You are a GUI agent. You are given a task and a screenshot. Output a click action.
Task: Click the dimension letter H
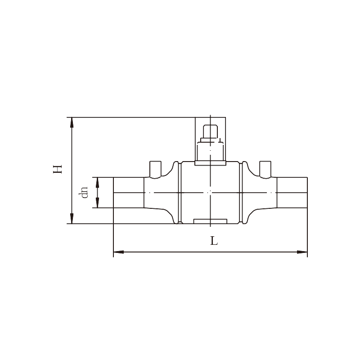click(x=58, y=169)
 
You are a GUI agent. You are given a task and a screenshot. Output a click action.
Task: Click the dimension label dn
click(x=83, y=193)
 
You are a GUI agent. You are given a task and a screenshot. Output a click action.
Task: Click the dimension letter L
click(x=214, y=241)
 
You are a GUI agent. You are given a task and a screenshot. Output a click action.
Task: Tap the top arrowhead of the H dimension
click(x=72, y=122)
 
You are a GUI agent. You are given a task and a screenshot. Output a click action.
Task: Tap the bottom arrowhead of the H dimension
click(x=72, y=219)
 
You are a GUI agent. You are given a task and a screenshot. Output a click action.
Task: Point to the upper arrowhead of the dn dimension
click(x=97, y=182)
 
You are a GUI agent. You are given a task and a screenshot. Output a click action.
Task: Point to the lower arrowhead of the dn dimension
click(x=97, y=203)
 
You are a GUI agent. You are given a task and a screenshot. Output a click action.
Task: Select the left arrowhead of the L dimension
click(x=118, y=252)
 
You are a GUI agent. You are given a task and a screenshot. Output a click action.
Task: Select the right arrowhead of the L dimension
click(x=302, y=252)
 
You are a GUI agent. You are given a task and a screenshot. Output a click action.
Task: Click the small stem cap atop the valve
click(x=210, y=131)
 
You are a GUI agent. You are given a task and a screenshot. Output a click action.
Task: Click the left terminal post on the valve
click(x=155, y=170)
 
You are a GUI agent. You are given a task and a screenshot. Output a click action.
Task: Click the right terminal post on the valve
click(x=265, y=170)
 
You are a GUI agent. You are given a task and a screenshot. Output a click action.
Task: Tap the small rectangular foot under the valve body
click(x=210, y=221)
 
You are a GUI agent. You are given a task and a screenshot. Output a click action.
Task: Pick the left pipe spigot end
click(x=129, y=193)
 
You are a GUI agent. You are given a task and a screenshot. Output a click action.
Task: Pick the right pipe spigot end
click(x=292, y=193)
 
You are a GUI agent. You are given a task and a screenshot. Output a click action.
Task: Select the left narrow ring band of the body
click(x=180, y=193)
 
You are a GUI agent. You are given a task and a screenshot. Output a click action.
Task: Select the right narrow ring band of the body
click(x=241, y=193)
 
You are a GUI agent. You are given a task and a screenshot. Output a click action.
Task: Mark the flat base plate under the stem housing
click(x=210, y=163)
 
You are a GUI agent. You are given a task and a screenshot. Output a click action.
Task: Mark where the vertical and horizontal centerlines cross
click(x=210, y=193)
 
